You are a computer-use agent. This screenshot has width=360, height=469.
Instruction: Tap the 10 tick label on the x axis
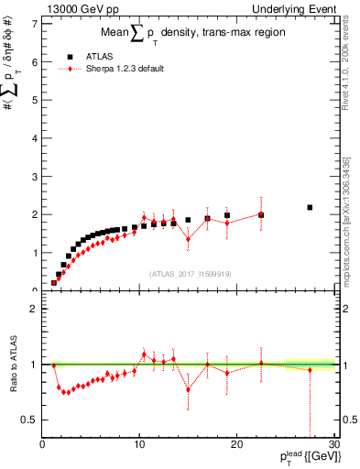pyautogui.click(x=139, y=446)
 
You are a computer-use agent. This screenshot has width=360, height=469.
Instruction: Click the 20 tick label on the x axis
pyautogui.click(x=236, y=446)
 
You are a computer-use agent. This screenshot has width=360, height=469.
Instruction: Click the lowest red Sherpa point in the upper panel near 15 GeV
pyautogui.click(x=188, y=239)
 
